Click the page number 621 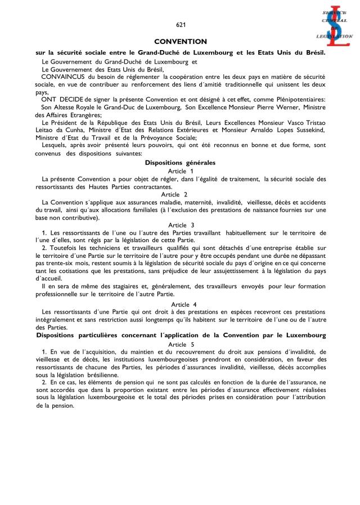[181, 25]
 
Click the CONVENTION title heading [181, 42]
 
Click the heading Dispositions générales [180, 163]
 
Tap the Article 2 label [181, 194]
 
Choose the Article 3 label [181, 225]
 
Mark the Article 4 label [181, 304]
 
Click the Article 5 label [181, 344]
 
